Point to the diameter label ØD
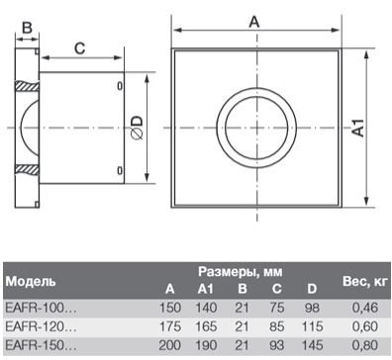(150, 128)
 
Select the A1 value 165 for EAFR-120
(206, 325)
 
